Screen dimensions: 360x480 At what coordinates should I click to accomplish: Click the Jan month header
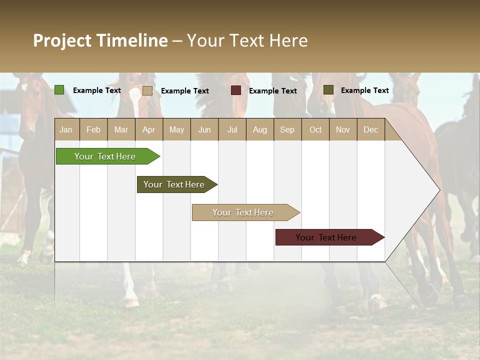(x=66, y=129)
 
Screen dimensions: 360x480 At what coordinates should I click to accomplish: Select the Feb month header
(x=93, y=129)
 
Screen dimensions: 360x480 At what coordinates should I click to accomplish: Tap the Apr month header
(x=148, y=129)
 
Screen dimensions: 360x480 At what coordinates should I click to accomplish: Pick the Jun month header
(x=204, y=129)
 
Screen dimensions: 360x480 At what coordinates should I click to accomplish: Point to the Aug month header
(x=259, y=129)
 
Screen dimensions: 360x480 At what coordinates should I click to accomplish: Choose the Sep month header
(x=287, y=129)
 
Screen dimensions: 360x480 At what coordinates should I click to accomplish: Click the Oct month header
(x=315, y=129)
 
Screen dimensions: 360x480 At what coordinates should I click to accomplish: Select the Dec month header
(x=370, y=129)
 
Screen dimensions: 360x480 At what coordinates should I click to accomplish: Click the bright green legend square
(x=59, y=90)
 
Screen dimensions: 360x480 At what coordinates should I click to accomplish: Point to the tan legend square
(x=147, y=90)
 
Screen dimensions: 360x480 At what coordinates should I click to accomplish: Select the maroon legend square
(x=236, y=90)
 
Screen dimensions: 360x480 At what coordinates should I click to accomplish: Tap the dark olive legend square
(x=328, y=89)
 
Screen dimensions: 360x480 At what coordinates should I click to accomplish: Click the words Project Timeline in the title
(x=100, y=40)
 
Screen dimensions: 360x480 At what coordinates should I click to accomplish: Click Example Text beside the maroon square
(x=272, y=91)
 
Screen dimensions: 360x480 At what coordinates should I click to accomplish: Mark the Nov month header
(x=342, y=129)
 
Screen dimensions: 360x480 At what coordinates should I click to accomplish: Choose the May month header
(x=176, y=129)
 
